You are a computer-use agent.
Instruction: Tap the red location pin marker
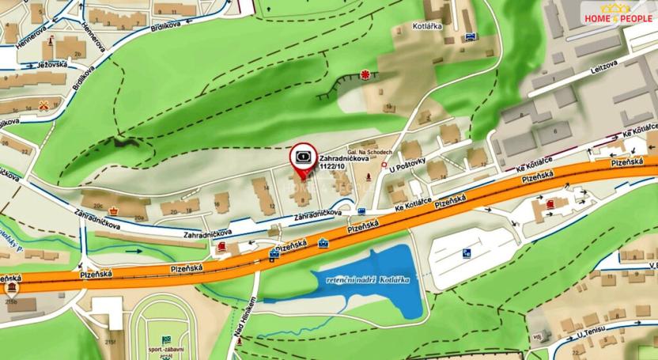click(301, 157)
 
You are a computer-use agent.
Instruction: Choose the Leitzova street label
click(603, 67)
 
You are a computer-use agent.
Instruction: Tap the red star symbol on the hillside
click(365, 75)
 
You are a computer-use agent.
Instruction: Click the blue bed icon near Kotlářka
click(471, 37)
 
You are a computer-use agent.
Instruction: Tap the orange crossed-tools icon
click(55, 104)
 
